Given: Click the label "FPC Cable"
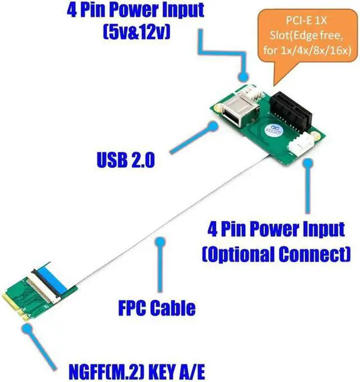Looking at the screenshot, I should [157, 307].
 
